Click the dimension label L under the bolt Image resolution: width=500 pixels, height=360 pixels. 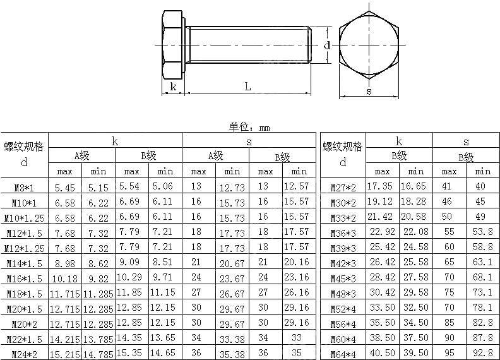248,87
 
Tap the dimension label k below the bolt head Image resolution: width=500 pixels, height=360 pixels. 173,87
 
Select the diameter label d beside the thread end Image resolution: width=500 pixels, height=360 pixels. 327,45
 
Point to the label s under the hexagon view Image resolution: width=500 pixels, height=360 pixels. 369,91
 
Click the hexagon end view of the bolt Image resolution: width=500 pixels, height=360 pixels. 369,45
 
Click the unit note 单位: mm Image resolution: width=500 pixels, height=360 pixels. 249,127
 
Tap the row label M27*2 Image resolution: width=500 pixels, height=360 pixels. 343,188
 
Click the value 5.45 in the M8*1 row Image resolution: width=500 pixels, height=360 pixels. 65,188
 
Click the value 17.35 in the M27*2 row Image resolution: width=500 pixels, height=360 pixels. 380,187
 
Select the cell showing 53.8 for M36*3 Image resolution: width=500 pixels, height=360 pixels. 482,232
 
